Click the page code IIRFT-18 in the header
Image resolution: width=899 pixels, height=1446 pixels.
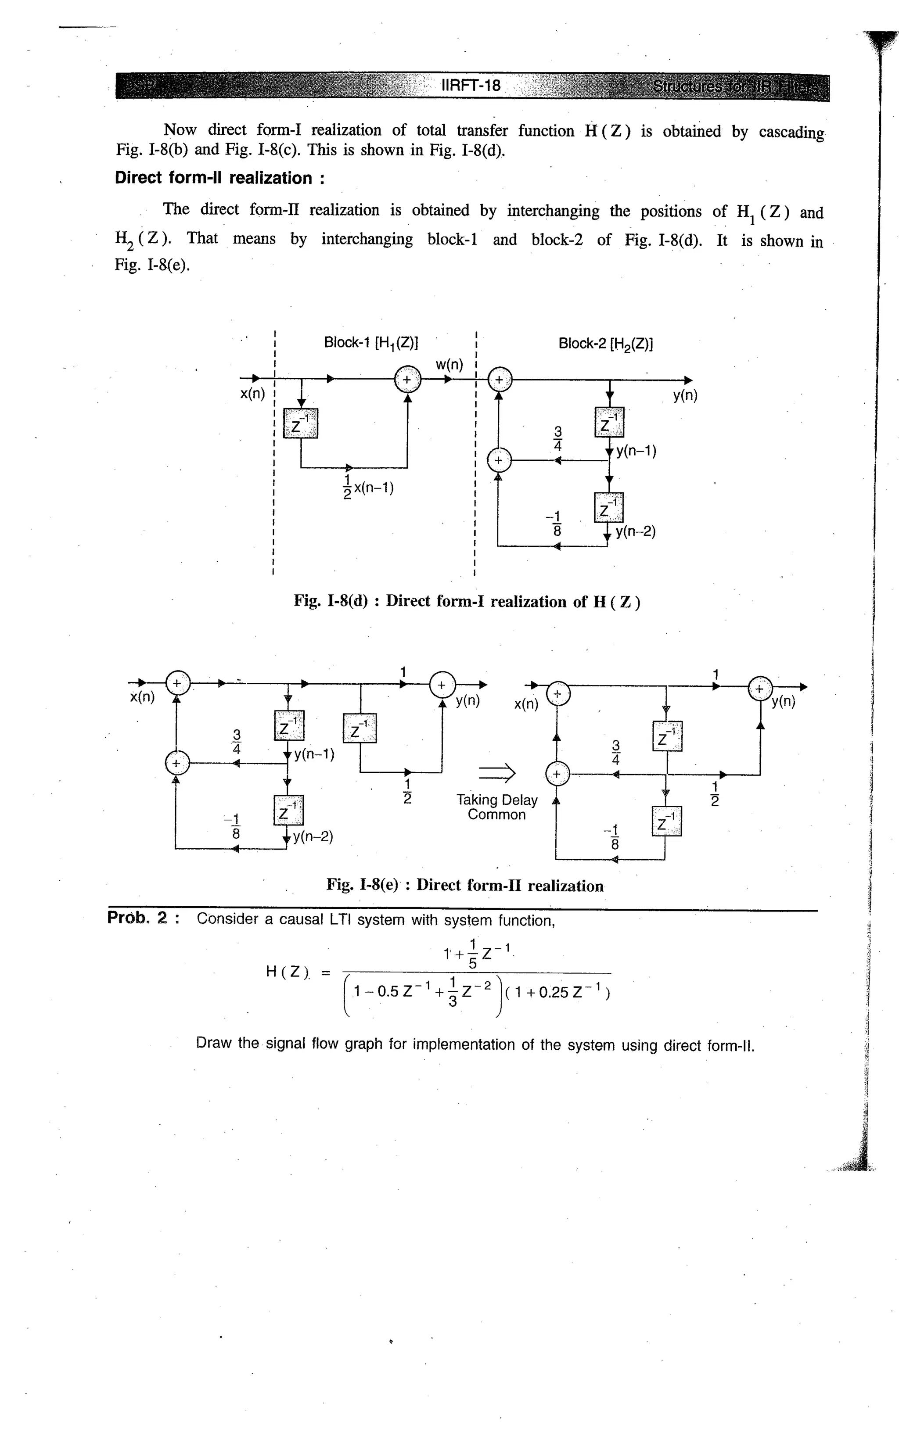pos(471,86)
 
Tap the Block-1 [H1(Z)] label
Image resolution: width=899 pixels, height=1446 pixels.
pos(371,343)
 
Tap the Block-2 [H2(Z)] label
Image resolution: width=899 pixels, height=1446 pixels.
pos(605,344)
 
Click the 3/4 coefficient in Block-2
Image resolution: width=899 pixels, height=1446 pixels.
pos(558,438)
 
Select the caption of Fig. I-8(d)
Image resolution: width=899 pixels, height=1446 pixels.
pos(467,602)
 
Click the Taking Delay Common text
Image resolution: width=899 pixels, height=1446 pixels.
pos(496,807)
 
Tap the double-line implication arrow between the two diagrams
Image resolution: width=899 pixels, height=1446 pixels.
pos(496,773)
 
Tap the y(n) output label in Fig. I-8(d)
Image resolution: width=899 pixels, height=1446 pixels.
pos(685,395)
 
